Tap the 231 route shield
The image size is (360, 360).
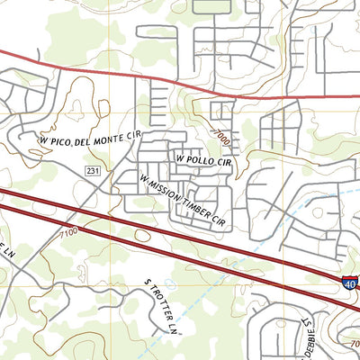coord(94,170)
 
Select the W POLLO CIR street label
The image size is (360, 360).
coord(204,161)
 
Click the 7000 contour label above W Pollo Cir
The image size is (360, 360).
coord(223,139)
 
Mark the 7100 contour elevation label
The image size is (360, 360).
coord(66,235)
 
